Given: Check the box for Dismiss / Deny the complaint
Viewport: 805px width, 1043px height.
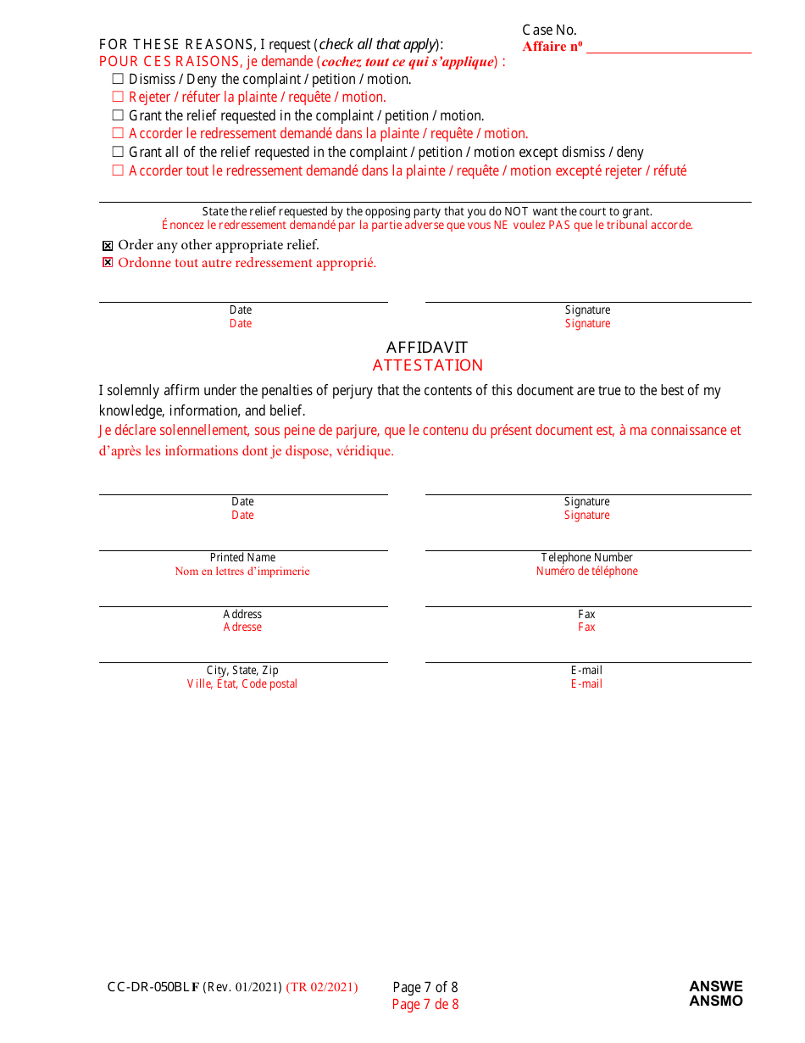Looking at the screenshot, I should pos(118,79).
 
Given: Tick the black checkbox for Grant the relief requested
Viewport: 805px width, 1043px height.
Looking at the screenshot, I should pos(118,115).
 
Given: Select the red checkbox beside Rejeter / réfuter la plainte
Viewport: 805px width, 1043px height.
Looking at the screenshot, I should pos(118,97).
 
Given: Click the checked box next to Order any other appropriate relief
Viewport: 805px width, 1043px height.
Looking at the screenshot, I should pos(108,246).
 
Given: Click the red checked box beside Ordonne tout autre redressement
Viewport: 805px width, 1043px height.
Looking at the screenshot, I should pos(108,263).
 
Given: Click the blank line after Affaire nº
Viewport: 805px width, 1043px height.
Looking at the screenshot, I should pos(669,47).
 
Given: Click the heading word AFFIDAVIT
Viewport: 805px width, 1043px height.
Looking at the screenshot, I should pos(427,347).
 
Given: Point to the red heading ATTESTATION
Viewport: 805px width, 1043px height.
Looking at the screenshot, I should pos(428,365).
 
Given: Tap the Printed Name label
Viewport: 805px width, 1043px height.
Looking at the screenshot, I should pos(242,557).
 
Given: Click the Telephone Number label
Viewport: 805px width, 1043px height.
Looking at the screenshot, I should pos(587,557).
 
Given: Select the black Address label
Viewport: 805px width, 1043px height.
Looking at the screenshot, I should pos(242,614).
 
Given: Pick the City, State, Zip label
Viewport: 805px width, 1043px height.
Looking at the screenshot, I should pos(242,670).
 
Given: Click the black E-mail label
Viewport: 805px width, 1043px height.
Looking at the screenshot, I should pos(586,670).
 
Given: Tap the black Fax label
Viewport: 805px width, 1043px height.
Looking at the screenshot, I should pos(586,614).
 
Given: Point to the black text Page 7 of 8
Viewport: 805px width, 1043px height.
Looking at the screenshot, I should pos(425,987).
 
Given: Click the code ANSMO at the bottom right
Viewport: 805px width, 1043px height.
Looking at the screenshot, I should pos(715,1001).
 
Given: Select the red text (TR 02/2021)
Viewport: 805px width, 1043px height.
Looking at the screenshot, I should pos(322,987).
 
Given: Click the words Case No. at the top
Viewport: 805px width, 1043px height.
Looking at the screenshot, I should pos(549,31).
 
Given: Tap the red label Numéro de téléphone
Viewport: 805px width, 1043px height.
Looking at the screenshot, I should pos(586,571).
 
